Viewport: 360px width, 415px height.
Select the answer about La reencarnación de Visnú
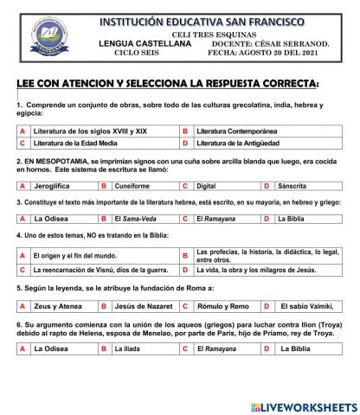click(94, 270)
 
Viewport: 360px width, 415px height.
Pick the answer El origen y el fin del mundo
click(74, 256)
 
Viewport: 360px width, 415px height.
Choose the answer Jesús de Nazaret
click(140, 306)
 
